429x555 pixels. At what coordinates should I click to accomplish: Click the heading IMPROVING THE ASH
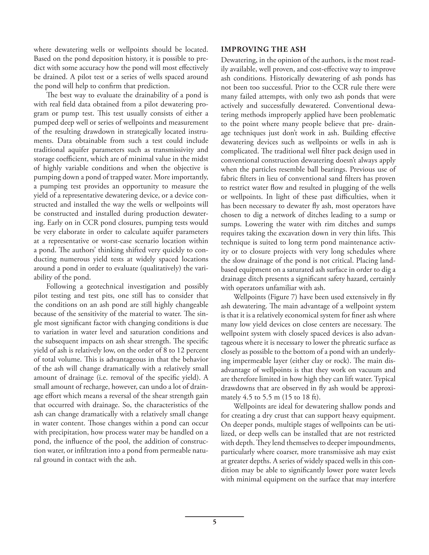coord(263,49)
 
